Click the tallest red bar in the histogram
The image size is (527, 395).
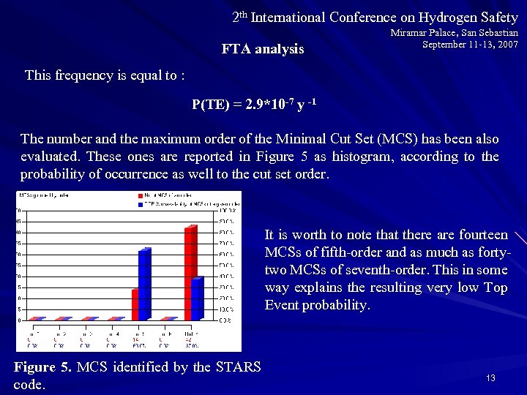coord(190,274)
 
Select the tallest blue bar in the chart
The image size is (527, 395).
coord(144,285)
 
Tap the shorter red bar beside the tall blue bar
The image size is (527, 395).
coord(135,304)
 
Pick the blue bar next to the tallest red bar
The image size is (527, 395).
coord(196,298)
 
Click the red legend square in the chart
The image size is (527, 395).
coord(141,195)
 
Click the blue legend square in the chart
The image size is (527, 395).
coord(141,203)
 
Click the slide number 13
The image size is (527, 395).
coord(490,378)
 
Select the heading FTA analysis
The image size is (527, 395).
coord(263,50)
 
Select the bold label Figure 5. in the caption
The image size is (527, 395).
coord(42,366)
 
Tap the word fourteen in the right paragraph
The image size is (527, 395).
coord(483,235)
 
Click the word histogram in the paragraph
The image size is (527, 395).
coord(368,157)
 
